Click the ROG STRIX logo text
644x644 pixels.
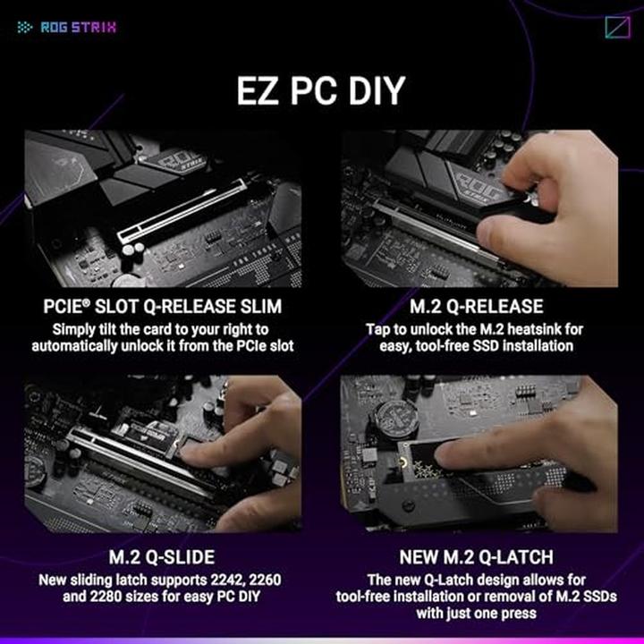pyautogui.click(x=79, y=27)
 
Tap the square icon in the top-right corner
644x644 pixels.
pyautogui.click(x=617, y=28)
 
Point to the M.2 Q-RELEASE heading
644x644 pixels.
pyautogui.click(x=478, y=307)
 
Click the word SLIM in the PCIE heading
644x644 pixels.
pyautogui.click(x=258, y=307)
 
